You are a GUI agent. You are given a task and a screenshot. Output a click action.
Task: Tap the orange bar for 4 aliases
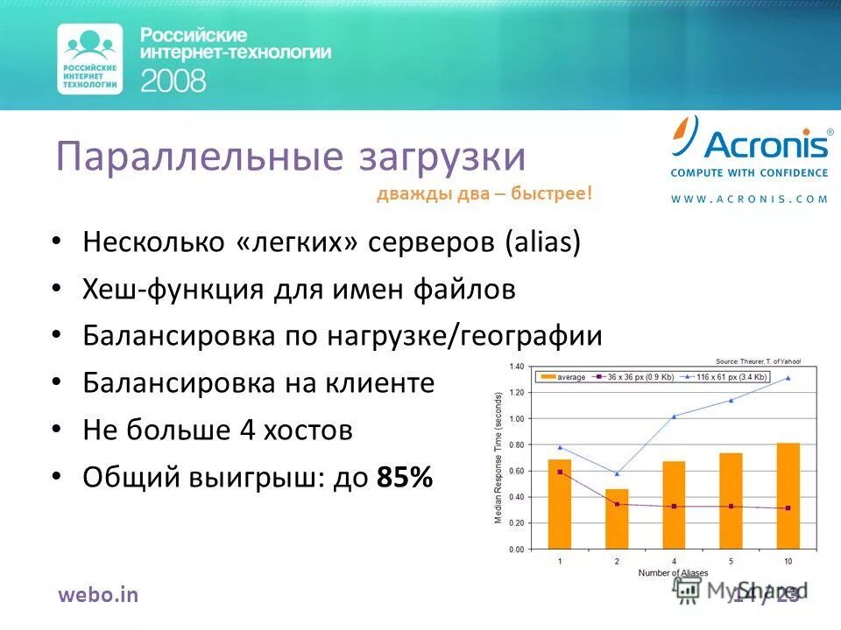tap(674, 505)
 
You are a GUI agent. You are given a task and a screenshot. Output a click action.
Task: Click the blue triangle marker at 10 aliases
tap(787, 378)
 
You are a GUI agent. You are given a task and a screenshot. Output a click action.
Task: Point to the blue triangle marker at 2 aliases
tap(616, 473)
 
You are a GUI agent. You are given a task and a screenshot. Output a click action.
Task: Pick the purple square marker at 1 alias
tap(560, 472)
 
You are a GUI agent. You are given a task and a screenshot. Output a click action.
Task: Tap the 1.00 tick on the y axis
tap(518, 418)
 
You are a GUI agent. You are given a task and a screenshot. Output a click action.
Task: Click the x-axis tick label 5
tap(730, 561)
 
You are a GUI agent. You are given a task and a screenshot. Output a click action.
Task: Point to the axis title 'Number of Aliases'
tap(672, 572)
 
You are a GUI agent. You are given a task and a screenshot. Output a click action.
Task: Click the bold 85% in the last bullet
tap(404, 477)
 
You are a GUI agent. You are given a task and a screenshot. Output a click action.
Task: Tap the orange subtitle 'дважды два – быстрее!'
tap(484, 194)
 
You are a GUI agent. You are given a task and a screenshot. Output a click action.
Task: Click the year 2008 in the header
tap(173, 81)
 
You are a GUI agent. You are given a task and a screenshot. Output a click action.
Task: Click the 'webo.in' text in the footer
tap(98, 595)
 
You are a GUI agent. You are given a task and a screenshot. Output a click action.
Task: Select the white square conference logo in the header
tap(89, 59)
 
